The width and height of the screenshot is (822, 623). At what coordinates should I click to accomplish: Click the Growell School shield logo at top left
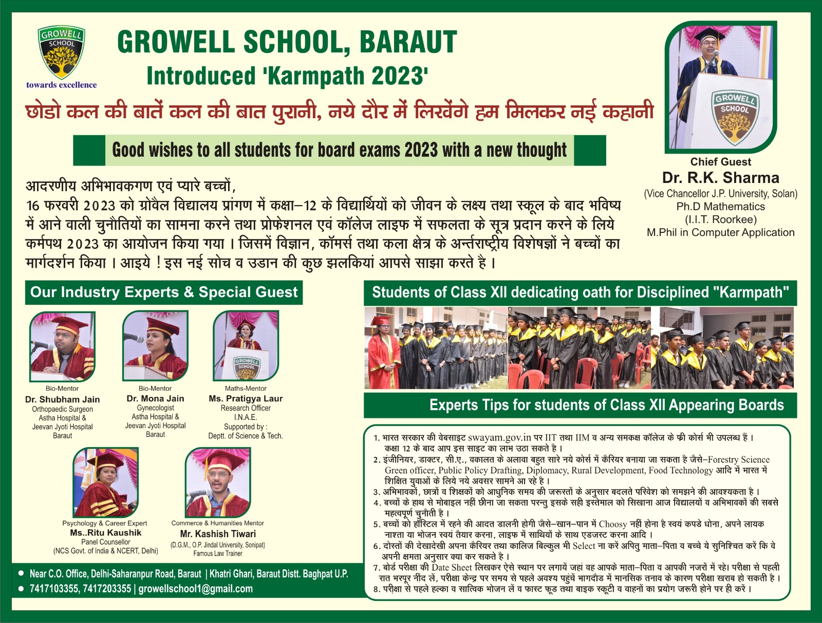[62, 52]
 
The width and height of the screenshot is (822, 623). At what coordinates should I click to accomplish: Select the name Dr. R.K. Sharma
[720, 178]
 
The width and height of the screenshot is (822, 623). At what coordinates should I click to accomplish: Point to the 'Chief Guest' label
[720, 162]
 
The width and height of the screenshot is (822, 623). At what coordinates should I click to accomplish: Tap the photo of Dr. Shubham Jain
[62, 347]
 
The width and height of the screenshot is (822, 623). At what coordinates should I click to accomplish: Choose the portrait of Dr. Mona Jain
[155, 346]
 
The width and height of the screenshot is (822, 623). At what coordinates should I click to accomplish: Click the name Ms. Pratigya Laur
[246, 398]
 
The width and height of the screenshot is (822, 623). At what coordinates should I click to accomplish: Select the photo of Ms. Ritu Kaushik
[106, 483]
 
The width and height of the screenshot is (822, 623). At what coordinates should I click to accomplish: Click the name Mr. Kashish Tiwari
[218, 534]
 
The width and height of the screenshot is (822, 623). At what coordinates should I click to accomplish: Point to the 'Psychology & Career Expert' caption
[105, 523]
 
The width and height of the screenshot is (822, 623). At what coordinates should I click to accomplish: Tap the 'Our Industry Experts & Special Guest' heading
[164, 292]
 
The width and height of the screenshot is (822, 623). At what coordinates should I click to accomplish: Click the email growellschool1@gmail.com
[196, 589]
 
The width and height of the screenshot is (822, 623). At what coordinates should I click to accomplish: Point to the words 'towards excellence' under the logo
[62, 85]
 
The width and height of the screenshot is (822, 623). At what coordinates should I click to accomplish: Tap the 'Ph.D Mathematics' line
[720, 207]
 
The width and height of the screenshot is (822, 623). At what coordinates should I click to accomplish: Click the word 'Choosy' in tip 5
[613, 524]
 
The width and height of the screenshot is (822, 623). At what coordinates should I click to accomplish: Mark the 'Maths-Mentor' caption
[246, 389]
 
